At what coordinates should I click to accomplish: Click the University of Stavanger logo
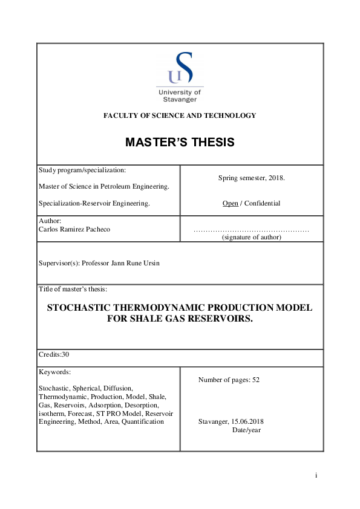180,77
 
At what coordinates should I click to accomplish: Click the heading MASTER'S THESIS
180,143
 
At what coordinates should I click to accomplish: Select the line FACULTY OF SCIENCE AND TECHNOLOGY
180,115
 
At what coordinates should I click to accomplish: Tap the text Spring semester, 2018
251,178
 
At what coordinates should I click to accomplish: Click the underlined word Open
230,203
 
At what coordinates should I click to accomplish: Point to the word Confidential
262,203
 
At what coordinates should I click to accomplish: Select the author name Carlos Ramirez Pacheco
75,230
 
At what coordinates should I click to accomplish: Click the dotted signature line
251,230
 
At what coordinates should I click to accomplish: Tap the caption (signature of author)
251,238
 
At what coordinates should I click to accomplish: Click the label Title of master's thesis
73,290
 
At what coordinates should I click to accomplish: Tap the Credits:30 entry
54,354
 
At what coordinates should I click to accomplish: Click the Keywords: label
54,372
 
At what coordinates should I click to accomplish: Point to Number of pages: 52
229,380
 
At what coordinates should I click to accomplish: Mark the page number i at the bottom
316,476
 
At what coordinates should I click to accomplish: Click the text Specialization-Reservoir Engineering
93,203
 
